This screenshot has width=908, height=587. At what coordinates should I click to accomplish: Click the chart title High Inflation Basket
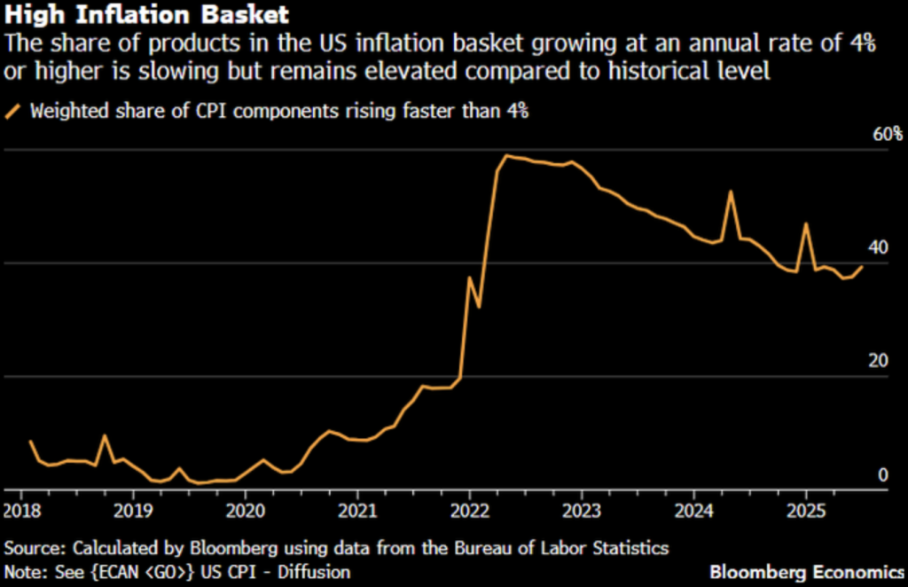coord(146,15)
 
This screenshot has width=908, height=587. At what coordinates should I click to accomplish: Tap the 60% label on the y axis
coord(887,135)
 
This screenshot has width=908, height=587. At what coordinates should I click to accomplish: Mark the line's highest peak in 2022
coord(506,156)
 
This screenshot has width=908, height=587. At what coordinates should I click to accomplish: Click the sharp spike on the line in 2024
coord(731,192)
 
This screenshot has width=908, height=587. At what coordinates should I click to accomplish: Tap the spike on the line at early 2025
coord(806,223)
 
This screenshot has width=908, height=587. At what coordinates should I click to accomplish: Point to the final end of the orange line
coord(862,267)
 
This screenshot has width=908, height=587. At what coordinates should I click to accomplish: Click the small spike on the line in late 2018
coord(106,435)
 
